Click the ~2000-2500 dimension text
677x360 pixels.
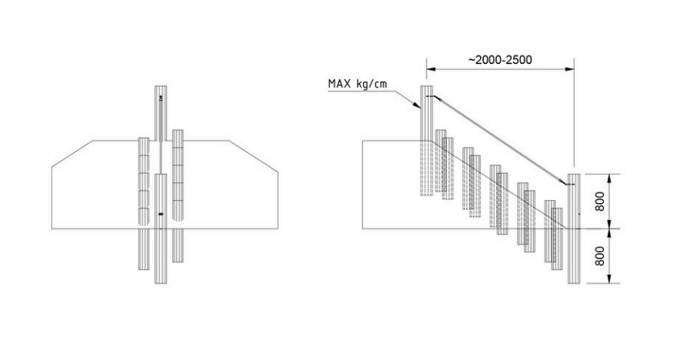click(x=500, y=59)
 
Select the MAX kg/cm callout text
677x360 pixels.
click(x=358, y=84)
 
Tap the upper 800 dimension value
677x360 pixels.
click(x=600, y=201)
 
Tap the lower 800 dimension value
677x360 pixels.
click(x=600, y=256)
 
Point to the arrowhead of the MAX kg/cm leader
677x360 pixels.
click(x=418, y=105)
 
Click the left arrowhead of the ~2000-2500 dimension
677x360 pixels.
click(x=430, y=68)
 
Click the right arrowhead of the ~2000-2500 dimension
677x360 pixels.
click(x=570, y=68)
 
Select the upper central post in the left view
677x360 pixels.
click(x=161, y=114)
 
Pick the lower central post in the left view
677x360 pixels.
click(x=161, y=228)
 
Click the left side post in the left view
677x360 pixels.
click(x=144, y=204)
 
